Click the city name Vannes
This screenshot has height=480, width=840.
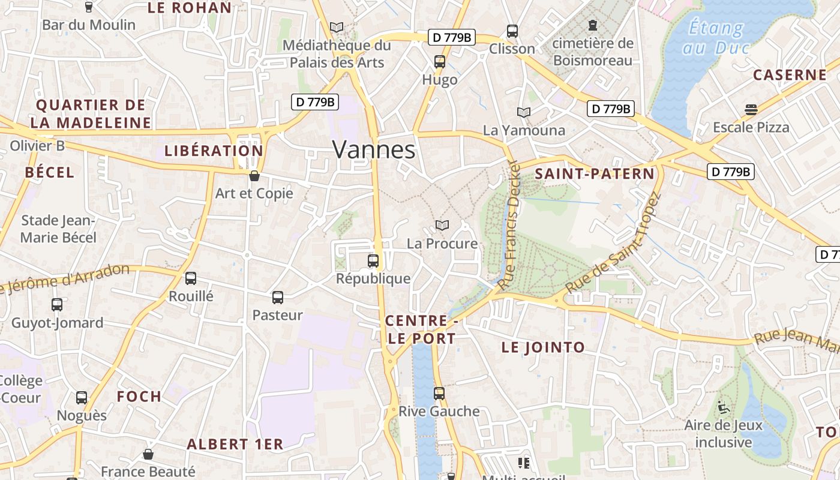point(373,149)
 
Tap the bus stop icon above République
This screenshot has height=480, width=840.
point(373,261)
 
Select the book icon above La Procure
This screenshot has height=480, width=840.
point(442,226)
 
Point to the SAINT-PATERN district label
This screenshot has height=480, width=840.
point(594,174)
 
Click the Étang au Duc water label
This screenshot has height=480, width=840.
point(715,37)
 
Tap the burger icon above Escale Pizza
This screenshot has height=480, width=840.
point(751,109)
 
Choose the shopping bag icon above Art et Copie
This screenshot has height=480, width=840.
point(254,176)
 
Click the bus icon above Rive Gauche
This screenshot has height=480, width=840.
point(439,394)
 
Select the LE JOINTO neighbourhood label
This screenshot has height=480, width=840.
point(543,347)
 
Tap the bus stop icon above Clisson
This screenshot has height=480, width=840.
point(512,31)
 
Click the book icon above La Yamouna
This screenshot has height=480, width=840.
point(524,112)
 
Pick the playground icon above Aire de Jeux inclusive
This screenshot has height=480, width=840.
point(723,407)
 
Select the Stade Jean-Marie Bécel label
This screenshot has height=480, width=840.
point(58,229)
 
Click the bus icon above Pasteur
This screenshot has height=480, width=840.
point(277,297)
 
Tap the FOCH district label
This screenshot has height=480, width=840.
point(139,397)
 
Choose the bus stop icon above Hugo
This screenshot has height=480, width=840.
point(440,62)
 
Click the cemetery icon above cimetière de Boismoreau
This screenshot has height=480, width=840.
point(593,25)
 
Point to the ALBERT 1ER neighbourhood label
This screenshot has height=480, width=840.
point(235,445)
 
